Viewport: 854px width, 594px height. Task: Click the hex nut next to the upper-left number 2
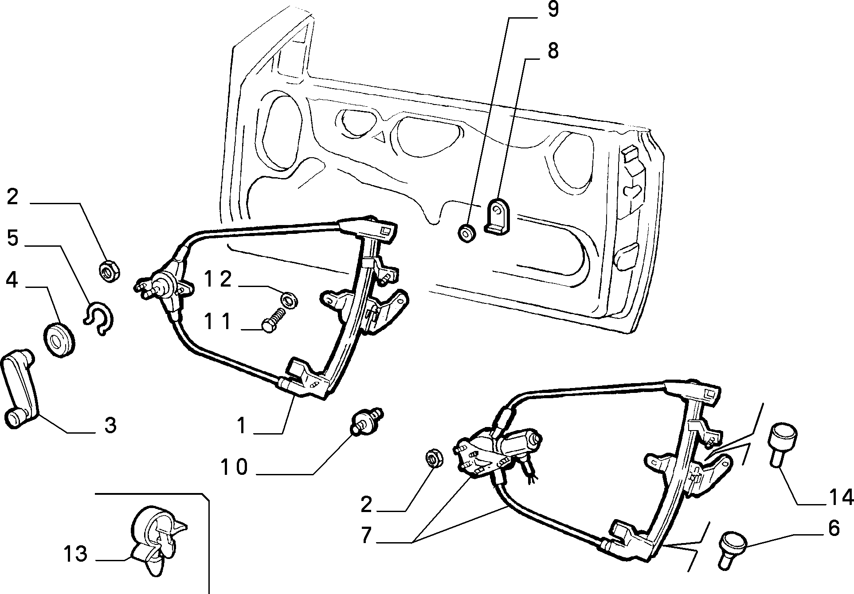pos(108,271)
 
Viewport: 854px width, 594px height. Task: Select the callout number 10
pos(234,467)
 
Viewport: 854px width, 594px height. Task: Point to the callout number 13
pos(75,554)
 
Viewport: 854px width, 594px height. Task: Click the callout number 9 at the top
pos(552,10)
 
